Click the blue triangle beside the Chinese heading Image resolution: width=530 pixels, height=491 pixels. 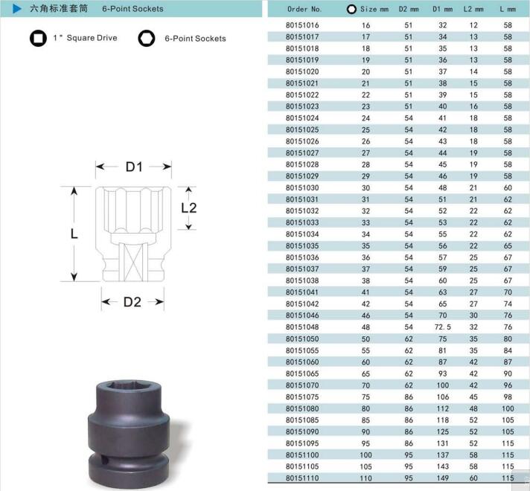(x=17, y=9)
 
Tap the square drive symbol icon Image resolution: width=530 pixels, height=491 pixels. (x=38, y=38)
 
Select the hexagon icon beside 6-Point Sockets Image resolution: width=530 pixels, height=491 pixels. (x=147, y=38)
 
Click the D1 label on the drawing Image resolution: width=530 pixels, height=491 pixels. (x=134, y=167)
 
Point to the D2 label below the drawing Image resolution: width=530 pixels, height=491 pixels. (x=132, y=302)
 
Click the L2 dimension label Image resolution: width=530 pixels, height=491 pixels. (x=188, y=208)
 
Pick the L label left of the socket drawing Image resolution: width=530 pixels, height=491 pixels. (x=74, y=234)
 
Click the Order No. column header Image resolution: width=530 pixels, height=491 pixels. (x=304, y=9)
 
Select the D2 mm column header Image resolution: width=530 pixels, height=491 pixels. (x=409, y=9)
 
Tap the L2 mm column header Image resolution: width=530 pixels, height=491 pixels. (x=473, y=9)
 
